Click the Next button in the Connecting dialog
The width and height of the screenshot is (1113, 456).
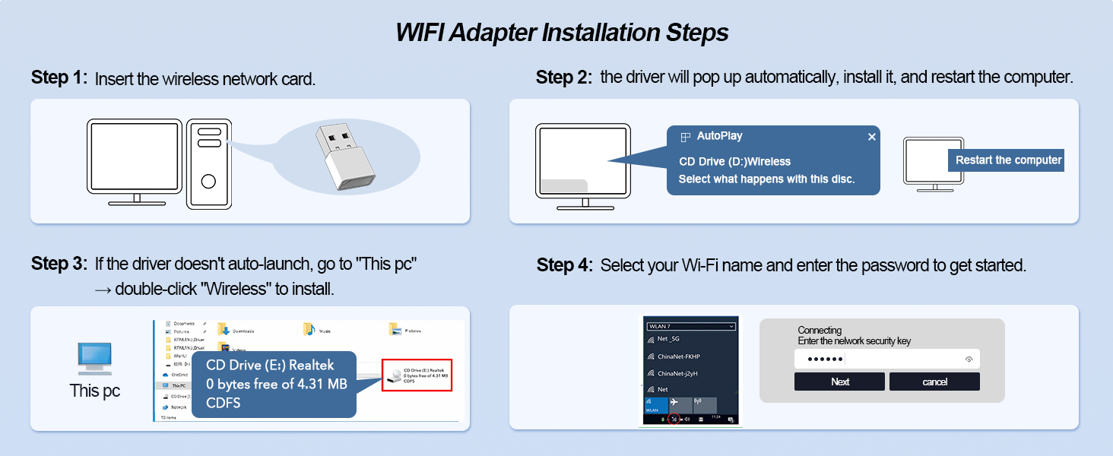tap(839, 382)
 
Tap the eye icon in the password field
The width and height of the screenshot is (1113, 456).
tap(969, 359)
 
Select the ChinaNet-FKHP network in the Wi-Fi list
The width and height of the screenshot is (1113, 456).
tap(678, 356)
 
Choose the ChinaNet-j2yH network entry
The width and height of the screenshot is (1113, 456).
tap(677, 373)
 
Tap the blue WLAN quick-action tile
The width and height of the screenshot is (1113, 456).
tap(653, 404)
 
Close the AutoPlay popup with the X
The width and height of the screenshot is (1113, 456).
tap(872, 137)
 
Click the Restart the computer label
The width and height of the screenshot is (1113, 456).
tap(1008, 160)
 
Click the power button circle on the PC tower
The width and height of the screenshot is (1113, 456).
tap(208, 181)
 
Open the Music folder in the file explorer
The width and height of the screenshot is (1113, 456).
tap(309, 330)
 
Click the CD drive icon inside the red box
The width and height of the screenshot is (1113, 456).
tap(394, 375)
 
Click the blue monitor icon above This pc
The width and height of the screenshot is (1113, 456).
tap(95, 358)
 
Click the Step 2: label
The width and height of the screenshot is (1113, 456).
tap(563, 78)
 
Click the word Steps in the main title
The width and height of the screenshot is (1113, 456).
tap(694, 33)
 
